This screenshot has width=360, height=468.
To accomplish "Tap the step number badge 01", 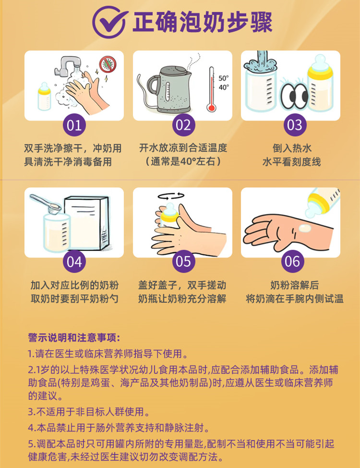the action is point(74,125).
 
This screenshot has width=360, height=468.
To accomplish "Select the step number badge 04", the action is point(74,262).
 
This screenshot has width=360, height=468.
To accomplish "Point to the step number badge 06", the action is point(292,262).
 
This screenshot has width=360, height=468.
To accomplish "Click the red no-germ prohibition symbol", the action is point(108,64).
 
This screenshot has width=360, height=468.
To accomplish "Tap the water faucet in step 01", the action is point(67,65).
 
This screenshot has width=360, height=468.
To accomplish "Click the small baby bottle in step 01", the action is point(44,97).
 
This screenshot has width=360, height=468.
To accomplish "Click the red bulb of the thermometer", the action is point(212,107).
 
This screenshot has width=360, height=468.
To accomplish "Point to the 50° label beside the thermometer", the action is point(223,78).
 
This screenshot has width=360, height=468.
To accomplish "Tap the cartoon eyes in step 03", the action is point(294,95).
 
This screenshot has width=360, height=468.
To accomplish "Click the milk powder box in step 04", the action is point(86,222).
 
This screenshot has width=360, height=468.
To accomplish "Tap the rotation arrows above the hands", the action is point(171,196).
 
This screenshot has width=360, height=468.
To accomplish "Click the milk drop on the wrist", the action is point(305,228).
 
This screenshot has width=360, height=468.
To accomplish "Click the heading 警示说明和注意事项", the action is point(74,338).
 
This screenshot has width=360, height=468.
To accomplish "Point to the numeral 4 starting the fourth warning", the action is point(31,428).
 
